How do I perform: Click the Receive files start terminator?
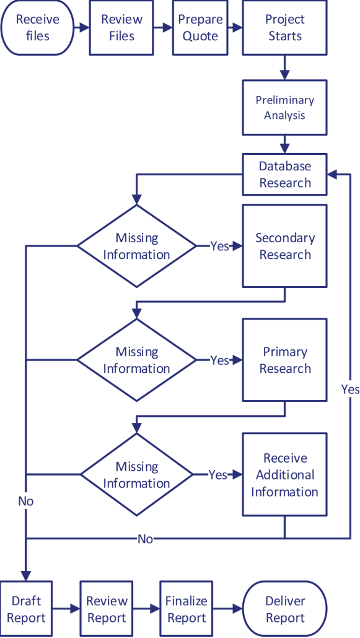tap(37, 28)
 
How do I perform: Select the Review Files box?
tap(121, 28)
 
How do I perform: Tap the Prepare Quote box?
tap(200, 28)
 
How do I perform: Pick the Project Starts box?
tap(284, 28)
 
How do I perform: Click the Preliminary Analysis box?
tap(284, 108)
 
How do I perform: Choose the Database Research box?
tap(284, 175)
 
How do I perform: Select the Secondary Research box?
tap(284, 246)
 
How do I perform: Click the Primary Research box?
tap(284, 360)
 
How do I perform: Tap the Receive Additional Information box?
tap(284, 474)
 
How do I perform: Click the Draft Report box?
tap(26, 609)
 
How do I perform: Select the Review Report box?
tap(107, 609)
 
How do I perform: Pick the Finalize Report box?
tap(186, 609)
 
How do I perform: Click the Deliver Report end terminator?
tap(284, 609)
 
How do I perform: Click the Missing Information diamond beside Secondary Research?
tap(136, 246)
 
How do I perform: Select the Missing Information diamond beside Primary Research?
tap(136, 360)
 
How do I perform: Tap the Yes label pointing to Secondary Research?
tap(219, 246)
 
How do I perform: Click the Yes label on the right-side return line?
tap(349, 389)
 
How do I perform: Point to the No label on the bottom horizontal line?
tap(145, 539)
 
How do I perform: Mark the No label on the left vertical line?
tap(26, 500)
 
